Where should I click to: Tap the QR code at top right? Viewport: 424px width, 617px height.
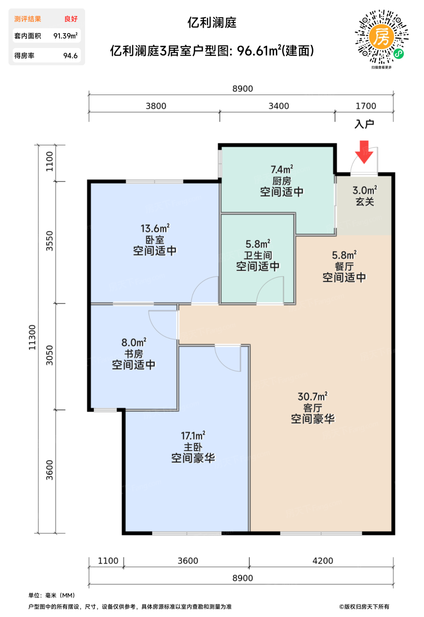(x=382, y=37)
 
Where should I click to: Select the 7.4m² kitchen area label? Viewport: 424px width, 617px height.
(x=282, y=169)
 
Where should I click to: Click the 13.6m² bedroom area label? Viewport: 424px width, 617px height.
(x=155, y=228)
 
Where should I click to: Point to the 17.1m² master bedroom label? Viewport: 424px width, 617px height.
(x=193, y=435)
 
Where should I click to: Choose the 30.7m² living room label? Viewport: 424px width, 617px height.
(x=312, y=396)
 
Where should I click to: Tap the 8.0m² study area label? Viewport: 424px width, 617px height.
(x=134, y=342)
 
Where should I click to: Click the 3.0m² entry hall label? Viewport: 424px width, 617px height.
(x=365, y=190)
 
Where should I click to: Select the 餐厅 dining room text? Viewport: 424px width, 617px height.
(x=344, y=266)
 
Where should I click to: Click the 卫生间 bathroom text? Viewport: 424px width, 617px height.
(x=258, y=255)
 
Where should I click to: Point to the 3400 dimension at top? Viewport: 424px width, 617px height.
(x=279, y=106)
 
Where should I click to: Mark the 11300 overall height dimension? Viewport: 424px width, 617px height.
(x=32, y=338)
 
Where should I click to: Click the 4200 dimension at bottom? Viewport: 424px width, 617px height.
(x=323, y=561)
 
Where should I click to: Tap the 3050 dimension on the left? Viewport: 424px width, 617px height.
(x=49, y=355)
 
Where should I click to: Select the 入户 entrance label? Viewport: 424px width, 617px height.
(x=364, y=124)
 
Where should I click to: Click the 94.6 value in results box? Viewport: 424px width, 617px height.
(x=70, y=56)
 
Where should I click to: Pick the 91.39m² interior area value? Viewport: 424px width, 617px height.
(x=65, y=36)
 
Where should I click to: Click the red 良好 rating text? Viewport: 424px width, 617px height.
(x=71, y=19)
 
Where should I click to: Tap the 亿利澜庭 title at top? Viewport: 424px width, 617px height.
(x=212, y=22)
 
